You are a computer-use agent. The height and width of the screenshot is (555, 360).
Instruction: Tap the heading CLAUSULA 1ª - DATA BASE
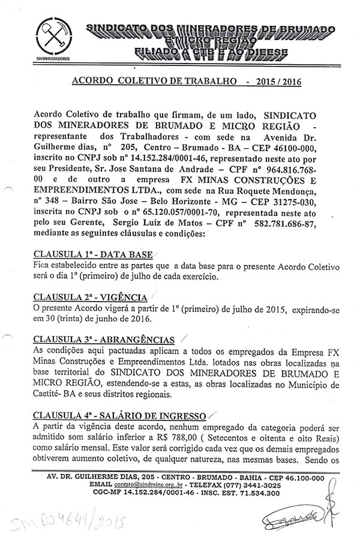[93, 254]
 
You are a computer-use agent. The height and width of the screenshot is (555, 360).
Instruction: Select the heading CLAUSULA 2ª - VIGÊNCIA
[91, 298]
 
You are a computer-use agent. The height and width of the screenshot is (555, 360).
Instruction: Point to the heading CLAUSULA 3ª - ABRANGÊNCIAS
[104, 340]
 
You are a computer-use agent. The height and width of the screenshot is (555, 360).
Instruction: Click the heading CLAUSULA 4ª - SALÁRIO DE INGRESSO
[120, 415]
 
